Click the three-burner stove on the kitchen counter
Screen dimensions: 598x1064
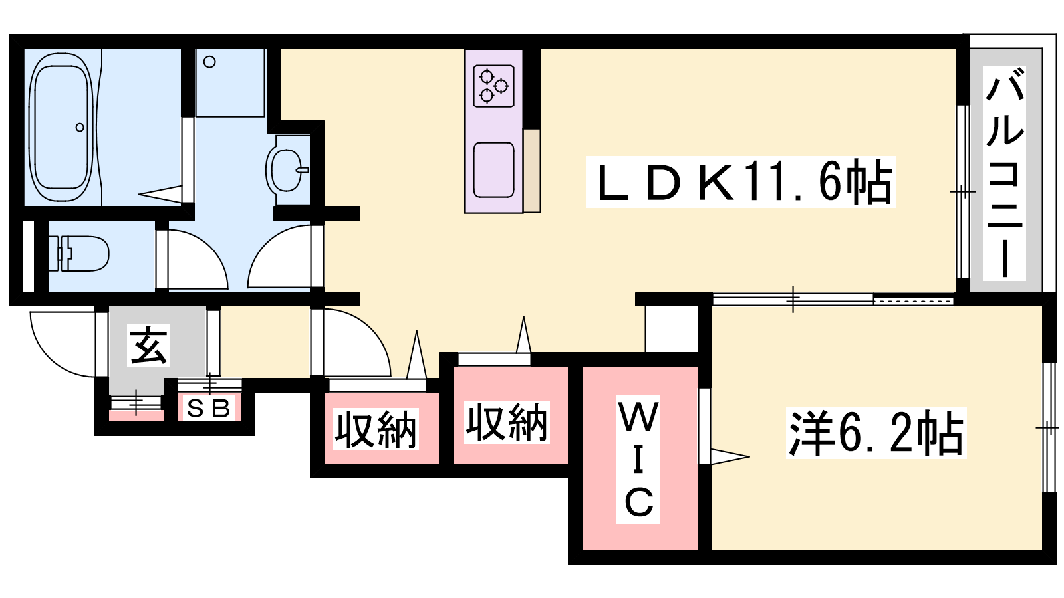point(493,86)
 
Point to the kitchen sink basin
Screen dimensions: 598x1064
point(493,170)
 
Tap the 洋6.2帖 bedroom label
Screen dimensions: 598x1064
point(875,433)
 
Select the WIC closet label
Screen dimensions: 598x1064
point(638,458)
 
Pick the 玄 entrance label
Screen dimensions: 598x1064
point(149,345)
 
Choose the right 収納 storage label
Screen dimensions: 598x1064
point(507,423)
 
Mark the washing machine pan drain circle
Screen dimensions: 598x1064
point(209,62)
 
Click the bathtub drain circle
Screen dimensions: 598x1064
point(80,127)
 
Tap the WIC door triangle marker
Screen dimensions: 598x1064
point(728,456)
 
